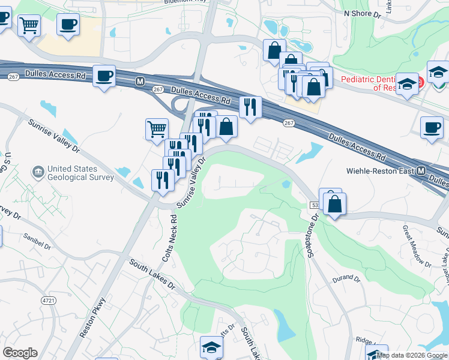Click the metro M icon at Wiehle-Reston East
click(422, 171)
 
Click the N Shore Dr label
click(363, 13)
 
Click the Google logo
click(20, 353)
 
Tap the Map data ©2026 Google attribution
click(412, 356)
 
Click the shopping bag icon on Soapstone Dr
click(334, 203)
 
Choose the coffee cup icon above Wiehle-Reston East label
click(431, 127)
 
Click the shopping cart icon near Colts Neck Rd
click(156, 128)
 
